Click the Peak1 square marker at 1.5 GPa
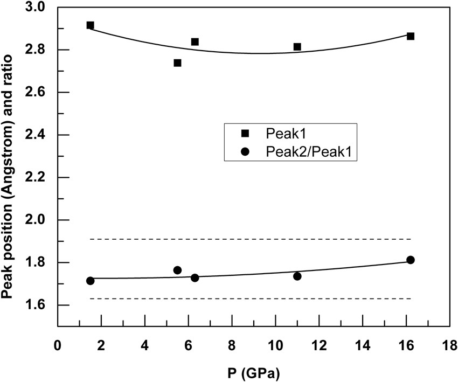[x=90, y=25]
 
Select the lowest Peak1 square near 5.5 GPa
[x=177, y=63]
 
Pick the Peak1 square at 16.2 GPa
[x=411, y=36]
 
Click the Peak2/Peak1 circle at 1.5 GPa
[x=90, y=281]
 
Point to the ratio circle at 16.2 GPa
[x=411, y=260]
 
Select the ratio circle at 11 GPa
[x=297, y=276]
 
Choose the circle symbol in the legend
[x=245, y=152]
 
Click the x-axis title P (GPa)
[x=252, y=371]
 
